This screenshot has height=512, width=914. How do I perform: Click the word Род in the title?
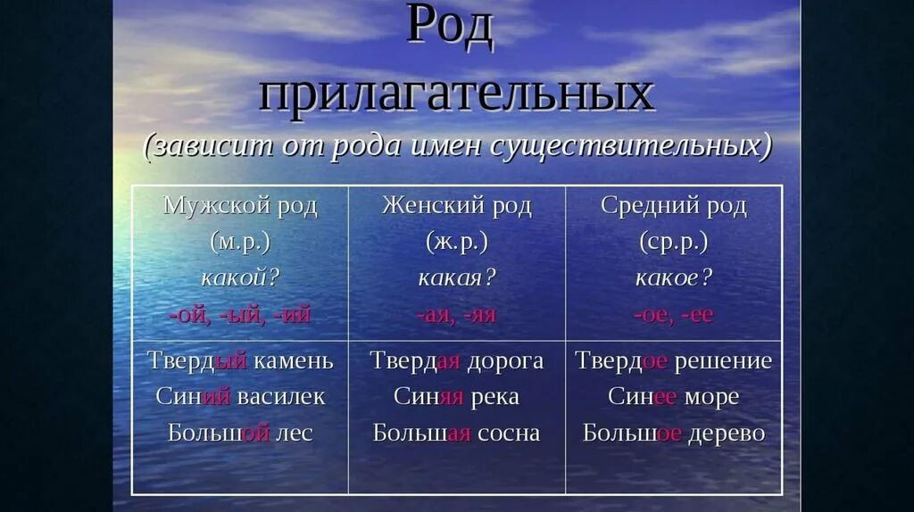(x=450, y=27)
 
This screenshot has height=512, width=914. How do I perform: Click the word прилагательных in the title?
(x=456, y=94)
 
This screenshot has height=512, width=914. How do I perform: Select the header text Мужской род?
(x=240, y=206)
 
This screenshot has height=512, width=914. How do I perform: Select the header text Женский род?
(x=456, y=206)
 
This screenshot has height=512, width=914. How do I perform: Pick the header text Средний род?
(x=674, y=206)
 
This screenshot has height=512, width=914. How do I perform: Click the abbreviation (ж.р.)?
(x=456, y=242)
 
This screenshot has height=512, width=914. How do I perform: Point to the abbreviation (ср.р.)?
(x=674, y=242)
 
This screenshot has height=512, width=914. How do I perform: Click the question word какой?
(x=240, y=277)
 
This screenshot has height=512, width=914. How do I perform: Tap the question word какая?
(x=456, y=277)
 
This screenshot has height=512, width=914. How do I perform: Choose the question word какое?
(x=674, y=277)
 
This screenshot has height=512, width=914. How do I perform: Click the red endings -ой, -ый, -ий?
(x=240, y=314)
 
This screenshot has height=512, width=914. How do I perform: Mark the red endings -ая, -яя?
(x=456, y=314)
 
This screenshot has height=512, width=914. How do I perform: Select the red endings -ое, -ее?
(x=674, y=314)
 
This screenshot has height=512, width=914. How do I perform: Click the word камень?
(x=293, y=361)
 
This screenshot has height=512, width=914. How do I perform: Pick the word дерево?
(x=727, y=434)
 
